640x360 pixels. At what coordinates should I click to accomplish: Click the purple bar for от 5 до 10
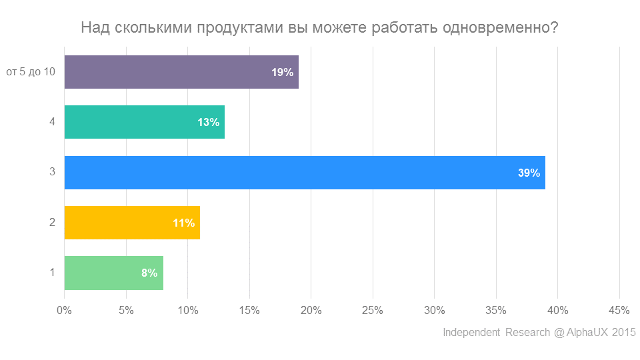click(167, 72)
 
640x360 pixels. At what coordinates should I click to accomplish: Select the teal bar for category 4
click(133, 122)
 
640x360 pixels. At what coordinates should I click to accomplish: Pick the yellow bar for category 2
click(120, 223)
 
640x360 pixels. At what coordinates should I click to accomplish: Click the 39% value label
click(529, 173)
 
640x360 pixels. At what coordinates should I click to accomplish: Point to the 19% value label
click(283, 72)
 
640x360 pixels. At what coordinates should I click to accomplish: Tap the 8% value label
click(149, 273)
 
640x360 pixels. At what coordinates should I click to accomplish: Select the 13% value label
click(209, 122)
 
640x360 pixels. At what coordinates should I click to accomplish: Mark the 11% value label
click(184, 223)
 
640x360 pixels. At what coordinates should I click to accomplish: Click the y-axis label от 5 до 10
click(31, 72)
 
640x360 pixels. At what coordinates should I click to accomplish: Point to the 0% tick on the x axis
click(64, 310)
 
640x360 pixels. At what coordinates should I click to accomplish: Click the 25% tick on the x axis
click(373, 310)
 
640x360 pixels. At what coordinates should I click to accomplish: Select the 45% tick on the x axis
click(619, 310)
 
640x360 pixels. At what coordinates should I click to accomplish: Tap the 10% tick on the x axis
click(187, 310)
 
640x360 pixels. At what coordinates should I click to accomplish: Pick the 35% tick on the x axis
click(496, 310)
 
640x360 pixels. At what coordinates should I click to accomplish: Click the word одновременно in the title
click(499, 28)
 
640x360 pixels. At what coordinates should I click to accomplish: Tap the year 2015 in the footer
click(625, 332)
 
